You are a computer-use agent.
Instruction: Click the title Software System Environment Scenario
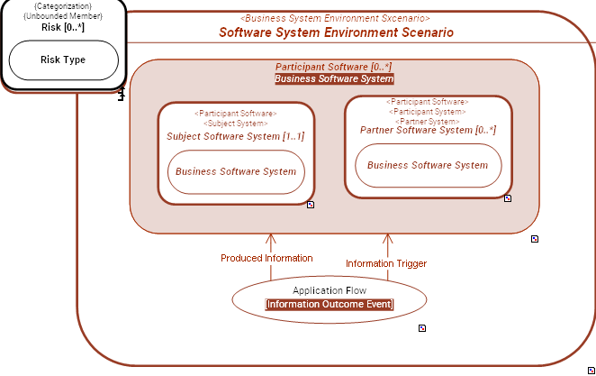[x=336, y=32]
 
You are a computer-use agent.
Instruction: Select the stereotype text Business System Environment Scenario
[x=336, y=18]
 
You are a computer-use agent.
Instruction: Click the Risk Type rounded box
[x=63, y=60]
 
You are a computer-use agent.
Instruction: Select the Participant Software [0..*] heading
[x=334, y=68]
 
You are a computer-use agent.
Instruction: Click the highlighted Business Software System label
[x=334, y=79]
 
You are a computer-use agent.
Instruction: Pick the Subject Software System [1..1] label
[x=236, y=136]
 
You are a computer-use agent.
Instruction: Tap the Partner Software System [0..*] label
[x=428, y=130]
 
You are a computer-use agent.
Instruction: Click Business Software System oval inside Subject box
[x=236, y=171]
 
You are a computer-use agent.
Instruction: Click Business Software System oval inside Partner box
[x=428, y=165]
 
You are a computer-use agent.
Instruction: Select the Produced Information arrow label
[x=266, y=258]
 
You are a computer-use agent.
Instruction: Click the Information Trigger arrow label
[x=386, y=263]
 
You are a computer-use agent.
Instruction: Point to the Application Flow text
[x=329, y=290]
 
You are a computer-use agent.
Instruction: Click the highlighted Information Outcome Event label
[x=329, y=304]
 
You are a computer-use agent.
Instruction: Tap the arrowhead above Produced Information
[x=269, y=238]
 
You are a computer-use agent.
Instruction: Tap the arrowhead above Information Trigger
[x=388, y=238]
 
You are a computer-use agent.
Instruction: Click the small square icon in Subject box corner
[x=311, y=205]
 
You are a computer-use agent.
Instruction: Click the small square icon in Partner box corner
[x=508, y=198]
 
